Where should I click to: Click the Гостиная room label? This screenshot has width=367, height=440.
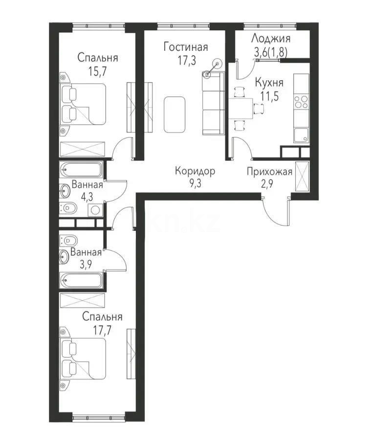tap(186, 47)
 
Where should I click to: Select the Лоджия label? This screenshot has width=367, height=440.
tap(271, 39)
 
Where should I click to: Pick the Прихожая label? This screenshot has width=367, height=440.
tap(270, 172)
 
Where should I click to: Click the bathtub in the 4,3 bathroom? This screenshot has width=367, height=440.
tap(81, 171)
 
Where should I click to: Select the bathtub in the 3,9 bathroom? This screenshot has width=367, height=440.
tap(81, 281)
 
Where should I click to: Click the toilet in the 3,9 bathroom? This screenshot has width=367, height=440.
tap(69, 241)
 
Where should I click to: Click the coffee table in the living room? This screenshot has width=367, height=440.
tap(175, 114)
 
